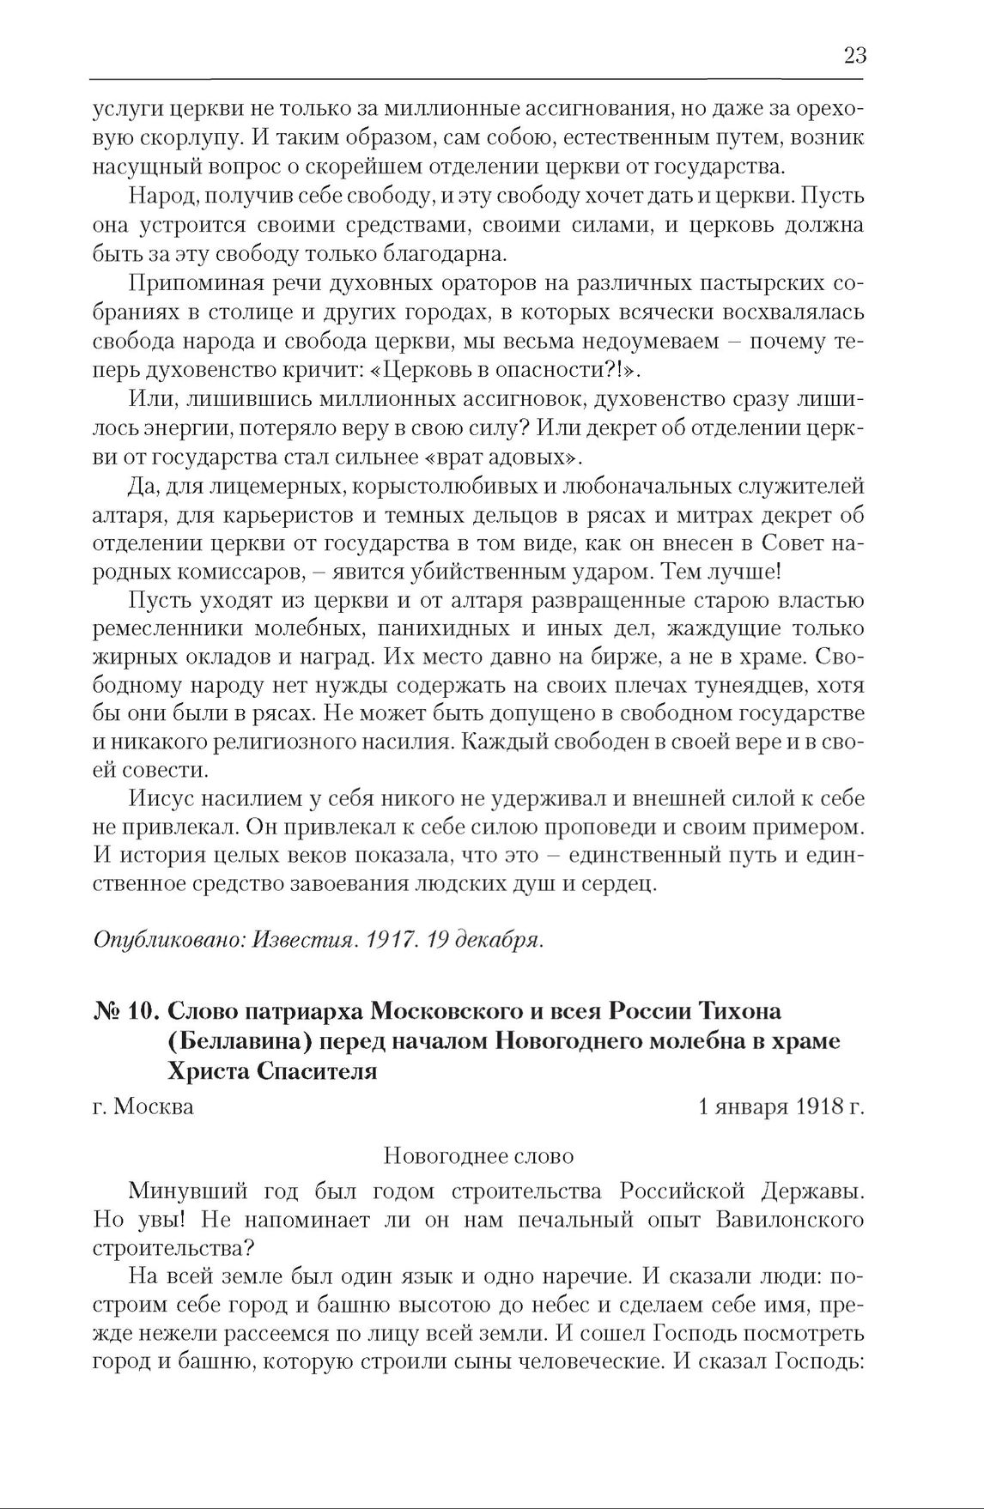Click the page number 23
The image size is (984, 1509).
[854, 56]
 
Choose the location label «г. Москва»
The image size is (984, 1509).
[143, 1106]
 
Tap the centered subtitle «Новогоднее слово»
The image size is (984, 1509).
[478, 1155]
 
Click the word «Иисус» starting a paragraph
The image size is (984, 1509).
[161, 798]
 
